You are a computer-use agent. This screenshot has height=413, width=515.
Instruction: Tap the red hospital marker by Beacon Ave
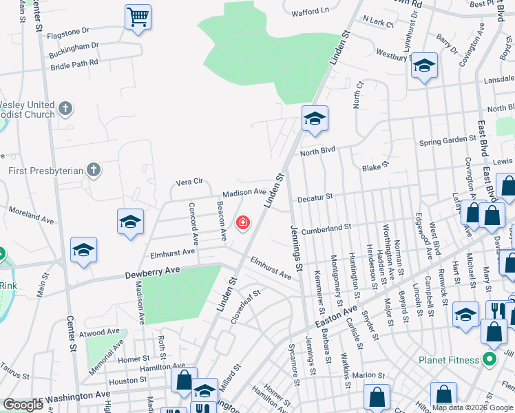(242, 222)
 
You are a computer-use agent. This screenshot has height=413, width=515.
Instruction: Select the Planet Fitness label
(450, 360)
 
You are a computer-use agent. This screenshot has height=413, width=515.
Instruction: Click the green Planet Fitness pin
(490, 359)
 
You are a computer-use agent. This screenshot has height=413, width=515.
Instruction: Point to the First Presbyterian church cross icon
(94, 170)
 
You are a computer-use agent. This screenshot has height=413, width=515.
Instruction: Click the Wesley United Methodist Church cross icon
(65, 109)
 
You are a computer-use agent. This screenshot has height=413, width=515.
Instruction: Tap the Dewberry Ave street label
(153, 273)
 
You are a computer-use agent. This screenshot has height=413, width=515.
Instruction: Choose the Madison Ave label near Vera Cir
(243, 193)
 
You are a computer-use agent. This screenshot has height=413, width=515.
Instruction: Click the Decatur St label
(315, 197)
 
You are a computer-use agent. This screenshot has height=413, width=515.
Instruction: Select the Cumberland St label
(326, 227)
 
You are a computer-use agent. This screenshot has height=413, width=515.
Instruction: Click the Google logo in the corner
(23, 405)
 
